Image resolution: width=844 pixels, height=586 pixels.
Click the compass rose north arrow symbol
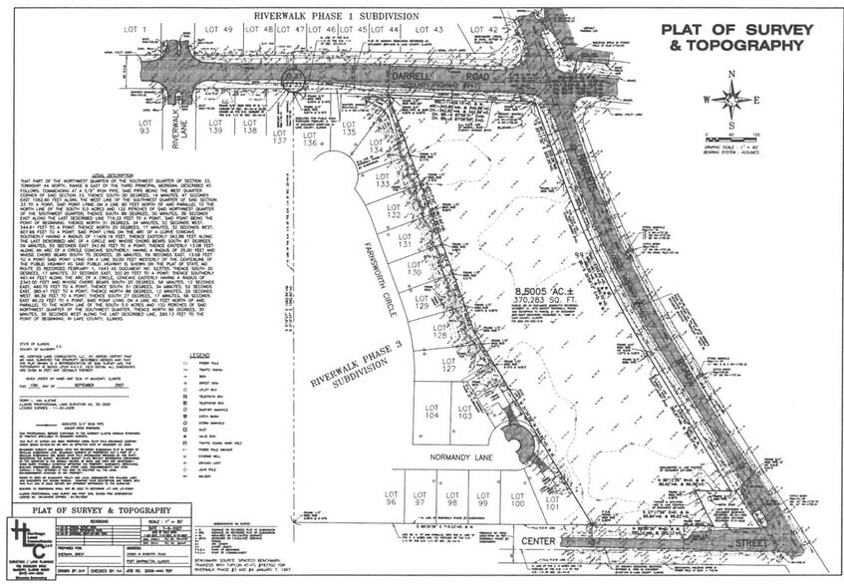(x=732, y=98)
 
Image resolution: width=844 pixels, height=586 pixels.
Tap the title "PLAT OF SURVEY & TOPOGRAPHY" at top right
(x=732, y=37)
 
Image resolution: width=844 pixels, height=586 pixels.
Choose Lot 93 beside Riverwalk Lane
(x=145, y=127)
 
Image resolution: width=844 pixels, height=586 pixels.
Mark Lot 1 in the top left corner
(x=135, y=30)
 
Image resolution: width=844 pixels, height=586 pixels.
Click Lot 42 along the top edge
(x=484, y=31)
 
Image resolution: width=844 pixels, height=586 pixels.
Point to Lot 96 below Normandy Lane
(x=392, y=498)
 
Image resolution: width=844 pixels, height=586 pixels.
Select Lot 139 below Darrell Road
(x=215, y=127)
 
